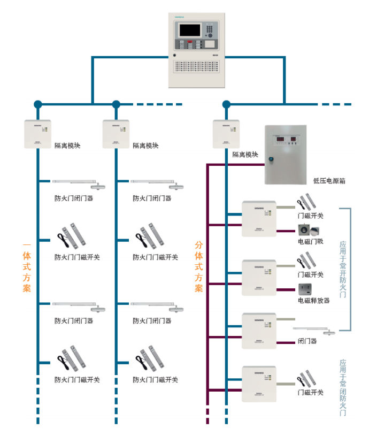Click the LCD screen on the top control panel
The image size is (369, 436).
pos(189,30)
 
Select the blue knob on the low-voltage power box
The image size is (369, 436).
pos(272,158)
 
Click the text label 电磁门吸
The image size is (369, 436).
pos(311,241)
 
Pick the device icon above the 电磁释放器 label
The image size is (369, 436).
pos(305,288)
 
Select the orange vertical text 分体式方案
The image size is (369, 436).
pos(198,266)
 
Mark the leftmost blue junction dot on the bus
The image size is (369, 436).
pos(37,104)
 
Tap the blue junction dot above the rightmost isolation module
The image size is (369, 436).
pos(226,104)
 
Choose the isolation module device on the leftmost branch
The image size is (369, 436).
pos(37,133)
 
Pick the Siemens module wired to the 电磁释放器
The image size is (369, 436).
pos(259,277)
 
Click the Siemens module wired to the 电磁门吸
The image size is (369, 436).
pos(259,218)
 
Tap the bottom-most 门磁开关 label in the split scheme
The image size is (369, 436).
pos(311,392)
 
